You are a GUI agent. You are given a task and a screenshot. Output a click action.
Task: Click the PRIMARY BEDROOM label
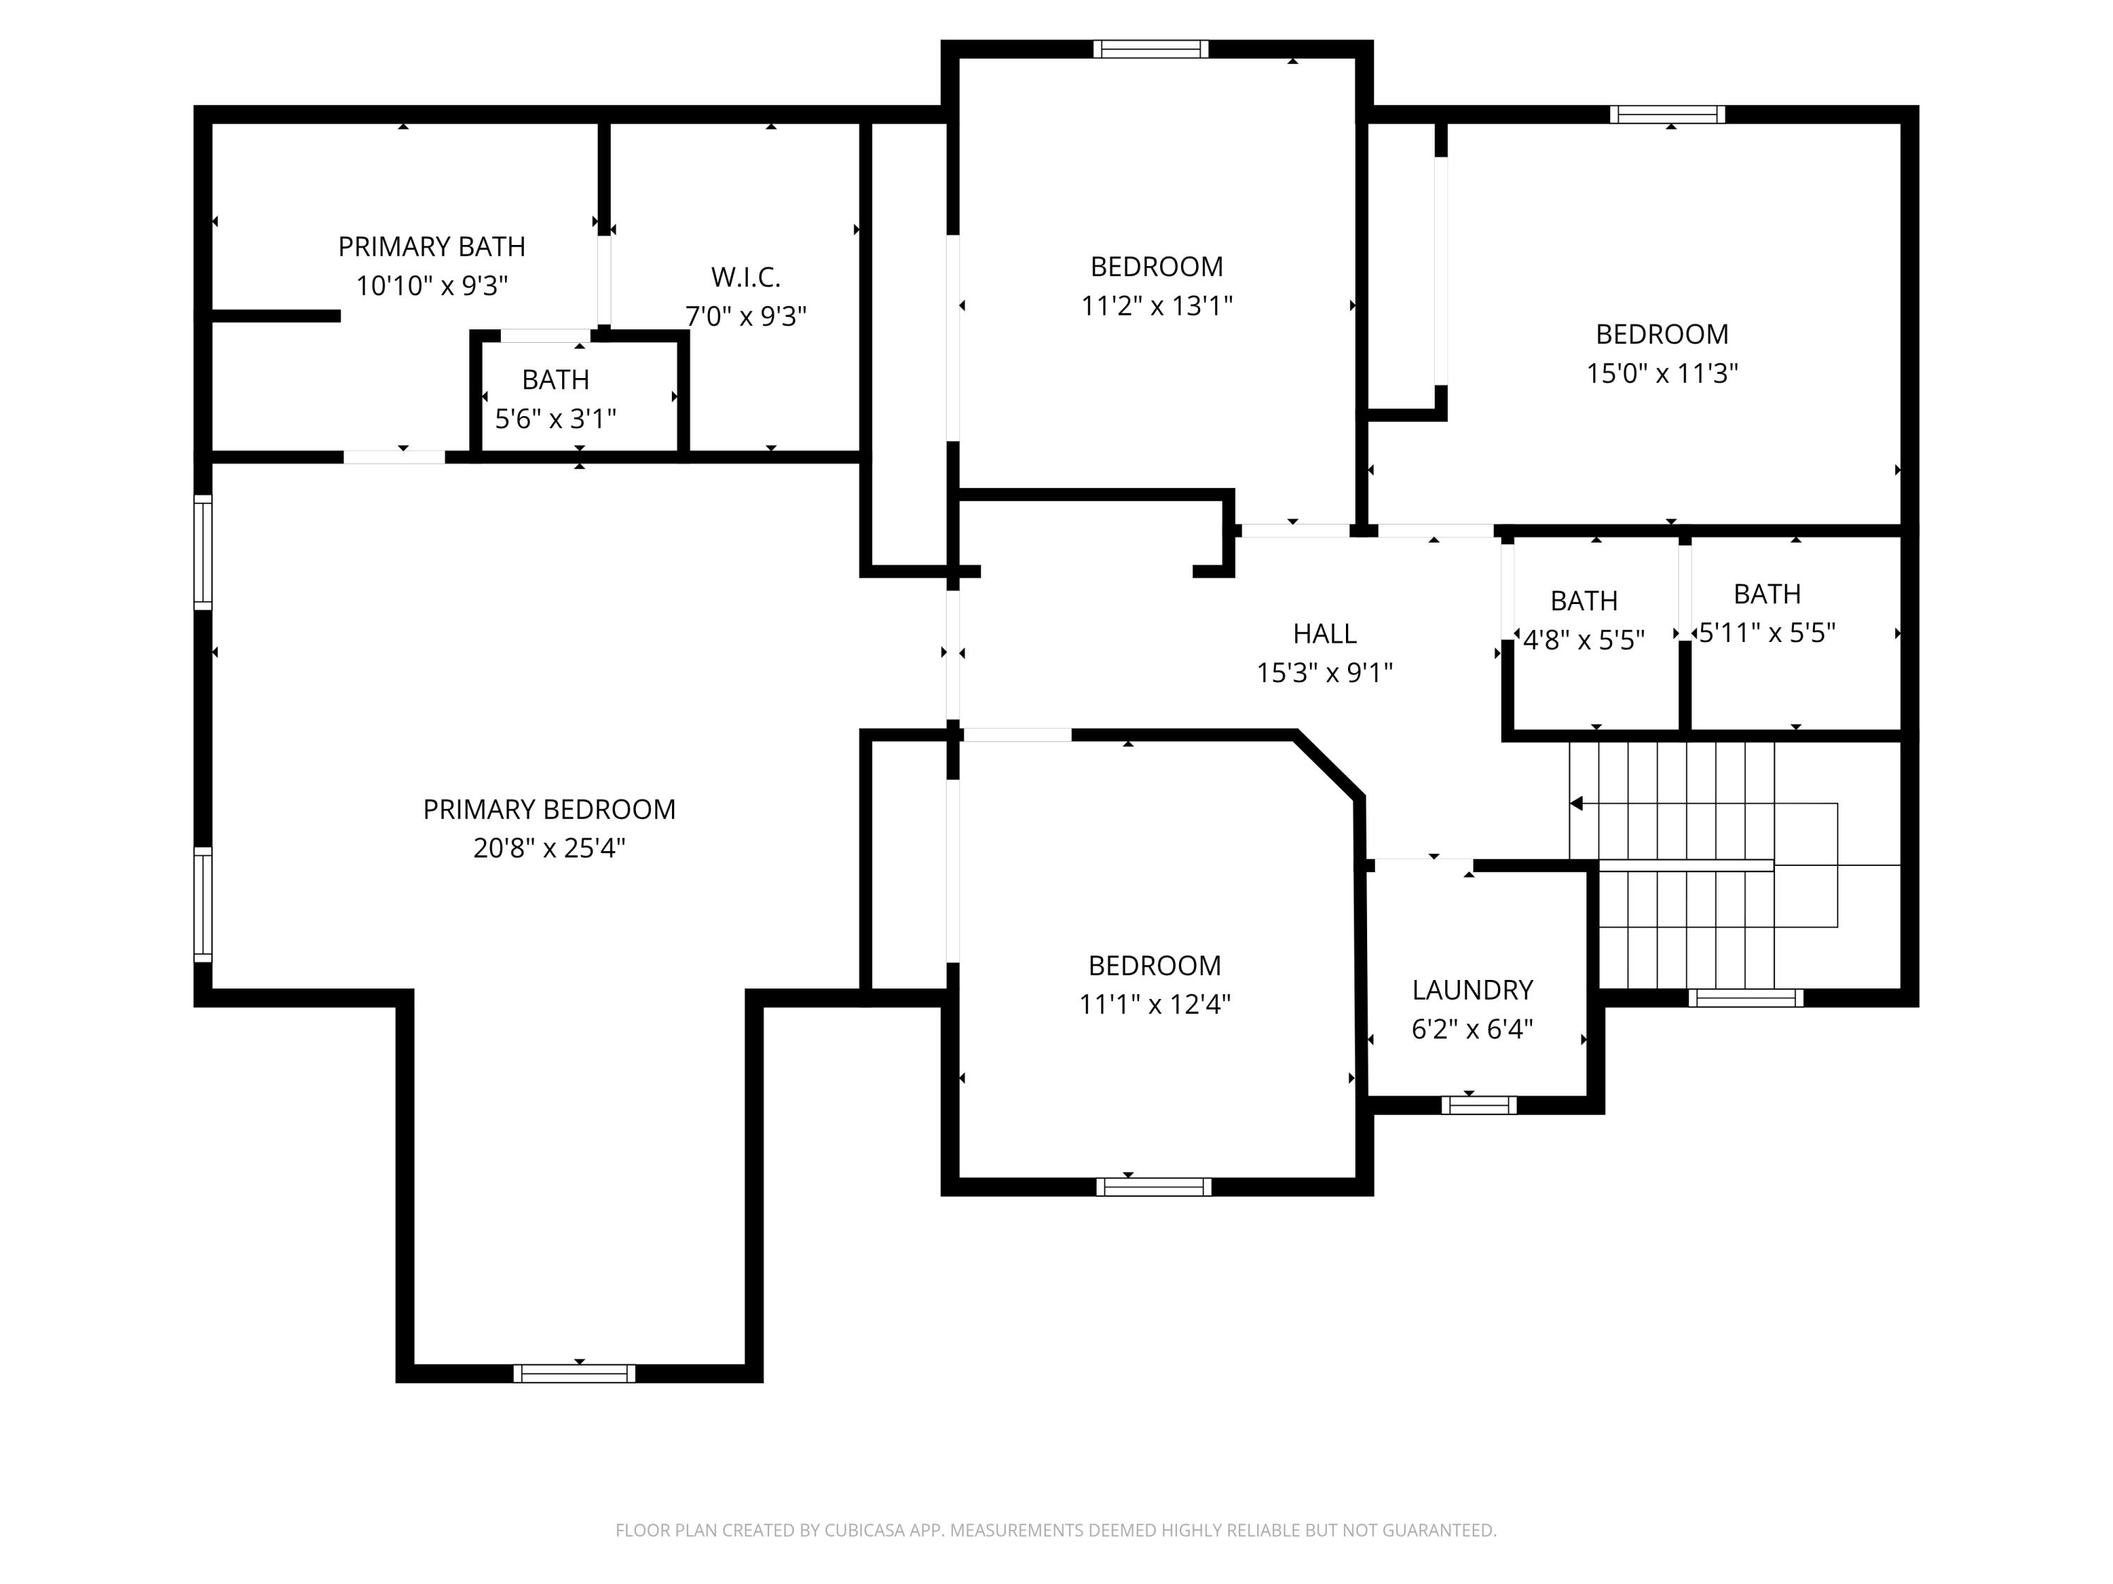click(549, 809)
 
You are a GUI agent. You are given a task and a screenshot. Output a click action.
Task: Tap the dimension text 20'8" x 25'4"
click(549, 848)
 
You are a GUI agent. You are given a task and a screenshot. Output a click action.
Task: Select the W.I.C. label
click(745, 278)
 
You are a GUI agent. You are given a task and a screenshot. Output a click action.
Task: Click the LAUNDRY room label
click(1472, 989)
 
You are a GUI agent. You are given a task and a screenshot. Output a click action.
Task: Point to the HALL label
click(1324, 634)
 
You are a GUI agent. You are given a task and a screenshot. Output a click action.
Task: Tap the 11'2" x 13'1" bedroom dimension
click(1156, 306)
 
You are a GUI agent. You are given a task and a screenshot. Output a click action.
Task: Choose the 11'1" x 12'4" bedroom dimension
click(1154, 1005)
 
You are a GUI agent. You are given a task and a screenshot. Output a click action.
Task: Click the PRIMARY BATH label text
click(432, 246)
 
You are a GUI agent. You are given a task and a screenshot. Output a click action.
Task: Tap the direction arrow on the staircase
click(1576, 804)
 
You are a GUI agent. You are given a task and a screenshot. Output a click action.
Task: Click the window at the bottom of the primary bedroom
click(574, 1373)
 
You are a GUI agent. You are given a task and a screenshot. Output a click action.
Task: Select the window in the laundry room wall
click(1478, 1105)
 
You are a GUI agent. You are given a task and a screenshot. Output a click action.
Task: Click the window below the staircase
click(1745, 998)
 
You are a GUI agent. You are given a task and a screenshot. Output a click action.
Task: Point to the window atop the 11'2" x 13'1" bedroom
click(1150, 49)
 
